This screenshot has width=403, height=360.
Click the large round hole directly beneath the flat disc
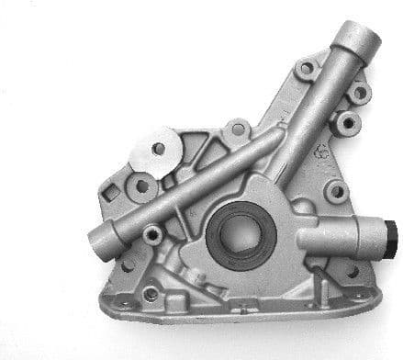pyautogui.click(x=142, y=186)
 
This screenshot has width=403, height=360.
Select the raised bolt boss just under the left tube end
pyautogui.click(x=153, y=235)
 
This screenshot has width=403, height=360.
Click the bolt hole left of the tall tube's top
pyautogui.click(x=305, y=67)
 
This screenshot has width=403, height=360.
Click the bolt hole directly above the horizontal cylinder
pyautogui.click(x=337, y=192)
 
